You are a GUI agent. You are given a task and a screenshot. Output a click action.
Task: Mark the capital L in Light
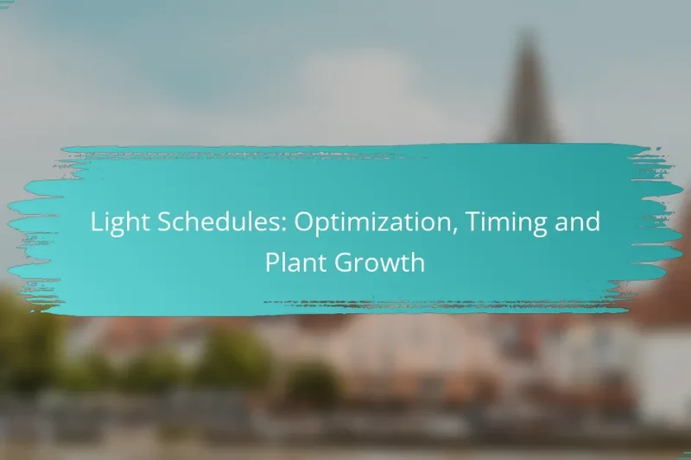[95, 222]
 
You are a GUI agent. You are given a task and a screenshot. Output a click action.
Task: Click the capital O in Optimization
[302, 222]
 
